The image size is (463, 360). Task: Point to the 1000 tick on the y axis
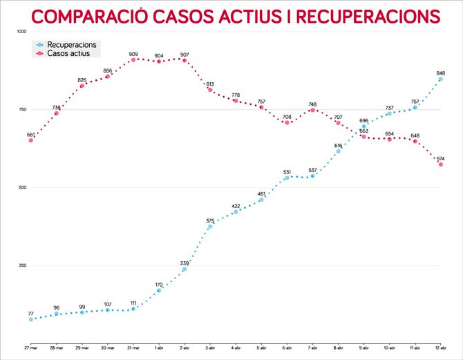[21, 32]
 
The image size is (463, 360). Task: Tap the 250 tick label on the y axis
[21, 265]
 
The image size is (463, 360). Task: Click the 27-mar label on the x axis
[30, 348]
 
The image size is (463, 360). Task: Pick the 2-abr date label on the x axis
[185, 348]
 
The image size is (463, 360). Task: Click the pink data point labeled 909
[133, 59]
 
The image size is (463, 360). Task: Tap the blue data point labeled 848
[441, 79]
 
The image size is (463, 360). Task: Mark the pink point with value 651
[30, 140]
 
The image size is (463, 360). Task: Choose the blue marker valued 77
[30, 319]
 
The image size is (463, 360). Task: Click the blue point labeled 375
[210, 227]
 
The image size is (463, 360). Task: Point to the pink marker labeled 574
[441, 164]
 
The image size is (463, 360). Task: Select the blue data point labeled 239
[185, 269]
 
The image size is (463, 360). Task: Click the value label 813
[210, 84]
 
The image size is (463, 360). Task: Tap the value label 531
[287, 172]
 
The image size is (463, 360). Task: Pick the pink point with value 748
[312, 110]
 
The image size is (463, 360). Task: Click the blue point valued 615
[338, 151]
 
